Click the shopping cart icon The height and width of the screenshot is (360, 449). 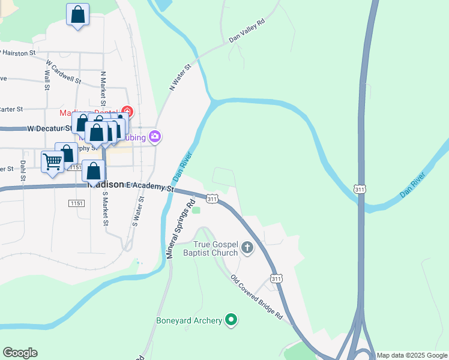[x=53, y=161]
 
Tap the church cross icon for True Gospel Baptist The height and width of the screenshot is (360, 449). [x=247, y=247]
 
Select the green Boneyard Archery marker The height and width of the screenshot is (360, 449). [x=231, y=320]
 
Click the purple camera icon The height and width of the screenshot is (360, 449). [x=155, y=137]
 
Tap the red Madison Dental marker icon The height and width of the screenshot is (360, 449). [x=127, y=112]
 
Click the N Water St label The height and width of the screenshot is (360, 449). [x=179, y=77]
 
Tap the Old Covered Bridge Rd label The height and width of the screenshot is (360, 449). [x=256, y=298]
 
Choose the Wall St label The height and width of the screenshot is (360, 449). [x=46, y=79]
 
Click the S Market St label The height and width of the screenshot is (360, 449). [x=105, y=208]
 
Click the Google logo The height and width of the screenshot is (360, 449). [x=20, y=353]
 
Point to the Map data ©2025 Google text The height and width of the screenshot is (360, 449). [x=412, y=355]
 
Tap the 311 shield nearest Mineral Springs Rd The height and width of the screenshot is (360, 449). [x=212, y=198]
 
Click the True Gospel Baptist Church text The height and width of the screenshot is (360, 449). [x=215, y=248]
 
